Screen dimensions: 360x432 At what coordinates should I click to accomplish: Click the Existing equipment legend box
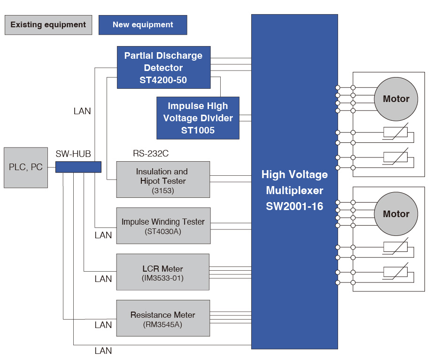(x=48, y=25)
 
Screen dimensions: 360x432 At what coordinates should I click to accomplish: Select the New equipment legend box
(x=143, y=25)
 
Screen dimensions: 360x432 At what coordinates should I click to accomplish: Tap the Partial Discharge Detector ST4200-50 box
(x=163, y=67)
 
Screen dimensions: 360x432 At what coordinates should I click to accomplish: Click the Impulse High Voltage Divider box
(x=198, y=118)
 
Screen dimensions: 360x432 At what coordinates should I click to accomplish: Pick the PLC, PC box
(x=26, y=167)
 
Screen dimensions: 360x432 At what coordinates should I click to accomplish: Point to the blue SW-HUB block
(x=78, y=167)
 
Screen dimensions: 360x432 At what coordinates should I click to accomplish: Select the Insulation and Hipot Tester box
(x=163, y=180)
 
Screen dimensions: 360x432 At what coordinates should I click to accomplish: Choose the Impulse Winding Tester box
(x=163, y=226)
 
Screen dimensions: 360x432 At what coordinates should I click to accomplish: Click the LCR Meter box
(x=163, y=272)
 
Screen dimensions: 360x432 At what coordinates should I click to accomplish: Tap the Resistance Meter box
(x=163, y=318)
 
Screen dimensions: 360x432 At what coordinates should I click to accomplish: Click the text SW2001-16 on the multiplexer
(x=294, y=206)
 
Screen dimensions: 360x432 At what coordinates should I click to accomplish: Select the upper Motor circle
(x=396, y=99)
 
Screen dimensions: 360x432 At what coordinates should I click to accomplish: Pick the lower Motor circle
(x=396, y=214)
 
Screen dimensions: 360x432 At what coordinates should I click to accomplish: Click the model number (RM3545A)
(x=162, y=324)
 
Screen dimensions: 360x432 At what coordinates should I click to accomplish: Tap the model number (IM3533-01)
(x=162, y=278)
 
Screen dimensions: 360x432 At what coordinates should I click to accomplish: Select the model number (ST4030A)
(x=163, y=231)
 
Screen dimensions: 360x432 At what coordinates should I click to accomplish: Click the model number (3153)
(x=162, y=190)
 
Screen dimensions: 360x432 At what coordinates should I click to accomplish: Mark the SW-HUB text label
(x=73, y=154)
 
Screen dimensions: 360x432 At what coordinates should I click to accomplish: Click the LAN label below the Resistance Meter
(x=103, y=351)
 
